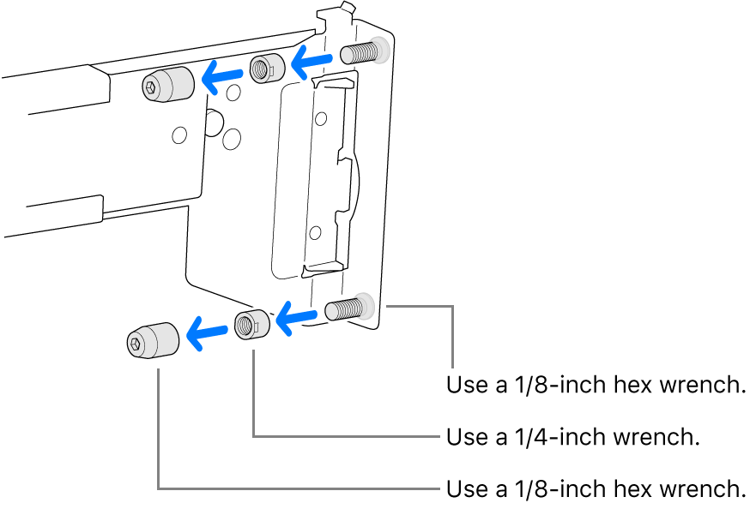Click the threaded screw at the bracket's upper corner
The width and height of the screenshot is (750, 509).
pos(360,53)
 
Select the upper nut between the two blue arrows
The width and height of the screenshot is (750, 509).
pos(266,69)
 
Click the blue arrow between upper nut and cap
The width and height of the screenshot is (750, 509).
pos(221,78)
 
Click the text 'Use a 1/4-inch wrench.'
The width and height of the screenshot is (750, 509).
pos(573,437)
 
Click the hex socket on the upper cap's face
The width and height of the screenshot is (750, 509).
pos(152,87)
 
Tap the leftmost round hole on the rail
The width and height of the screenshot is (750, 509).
pos(178,135)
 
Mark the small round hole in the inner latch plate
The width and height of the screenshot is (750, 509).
pos(315,231)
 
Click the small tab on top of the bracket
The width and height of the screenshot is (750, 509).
pos(346,8)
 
